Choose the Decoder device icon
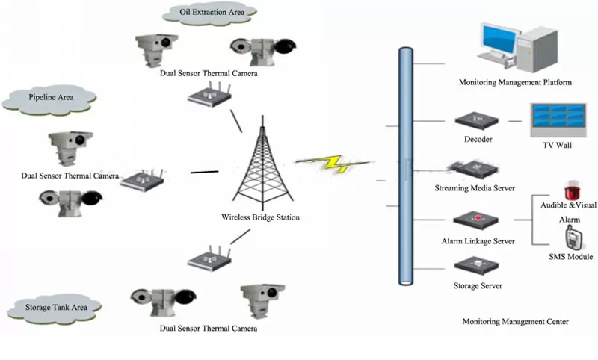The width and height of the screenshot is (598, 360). tap(473, 120)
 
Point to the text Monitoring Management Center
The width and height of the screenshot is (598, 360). tap(515, 321)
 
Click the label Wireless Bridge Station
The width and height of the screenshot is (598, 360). tap(261, 218)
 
